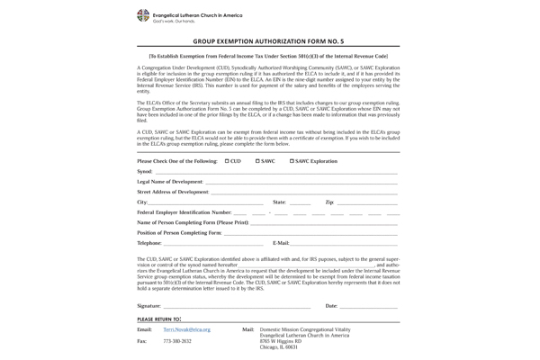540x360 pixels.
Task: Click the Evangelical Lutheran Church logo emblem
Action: point(143,15)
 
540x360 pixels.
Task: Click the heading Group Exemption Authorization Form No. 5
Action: point(268,41)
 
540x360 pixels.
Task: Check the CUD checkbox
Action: point(227,161)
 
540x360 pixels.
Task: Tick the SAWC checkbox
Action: point(257,161)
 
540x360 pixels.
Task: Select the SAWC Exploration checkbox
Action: point(292,161)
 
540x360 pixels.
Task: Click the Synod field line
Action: point(275,171)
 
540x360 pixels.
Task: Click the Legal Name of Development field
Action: point(301,182)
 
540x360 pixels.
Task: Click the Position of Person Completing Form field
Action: point(310,233)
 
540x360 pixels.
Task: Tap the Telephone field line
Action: point(213,244)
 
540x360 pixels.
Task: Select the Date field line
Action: point(369,307)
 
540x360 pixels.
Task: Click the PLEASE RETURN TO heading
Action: point(159,319)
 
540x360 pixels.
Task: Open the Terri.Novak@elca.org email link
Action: point(186,330)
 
